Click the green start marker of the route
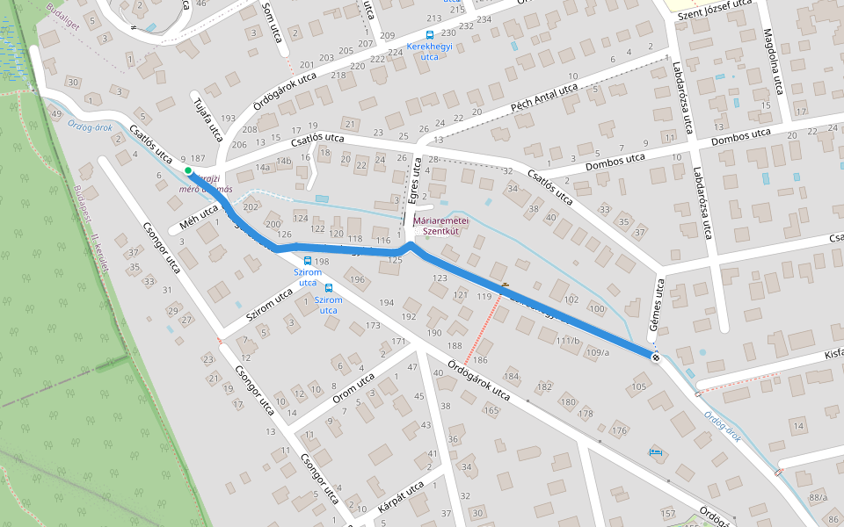(x=188, y=170)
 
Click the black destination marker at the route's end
(x=656, y=357)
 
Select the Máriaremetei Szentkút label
(x=442, y=225)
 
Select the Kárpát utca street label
(x=402, y=496)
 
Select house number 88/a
(x=819, y=498)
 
